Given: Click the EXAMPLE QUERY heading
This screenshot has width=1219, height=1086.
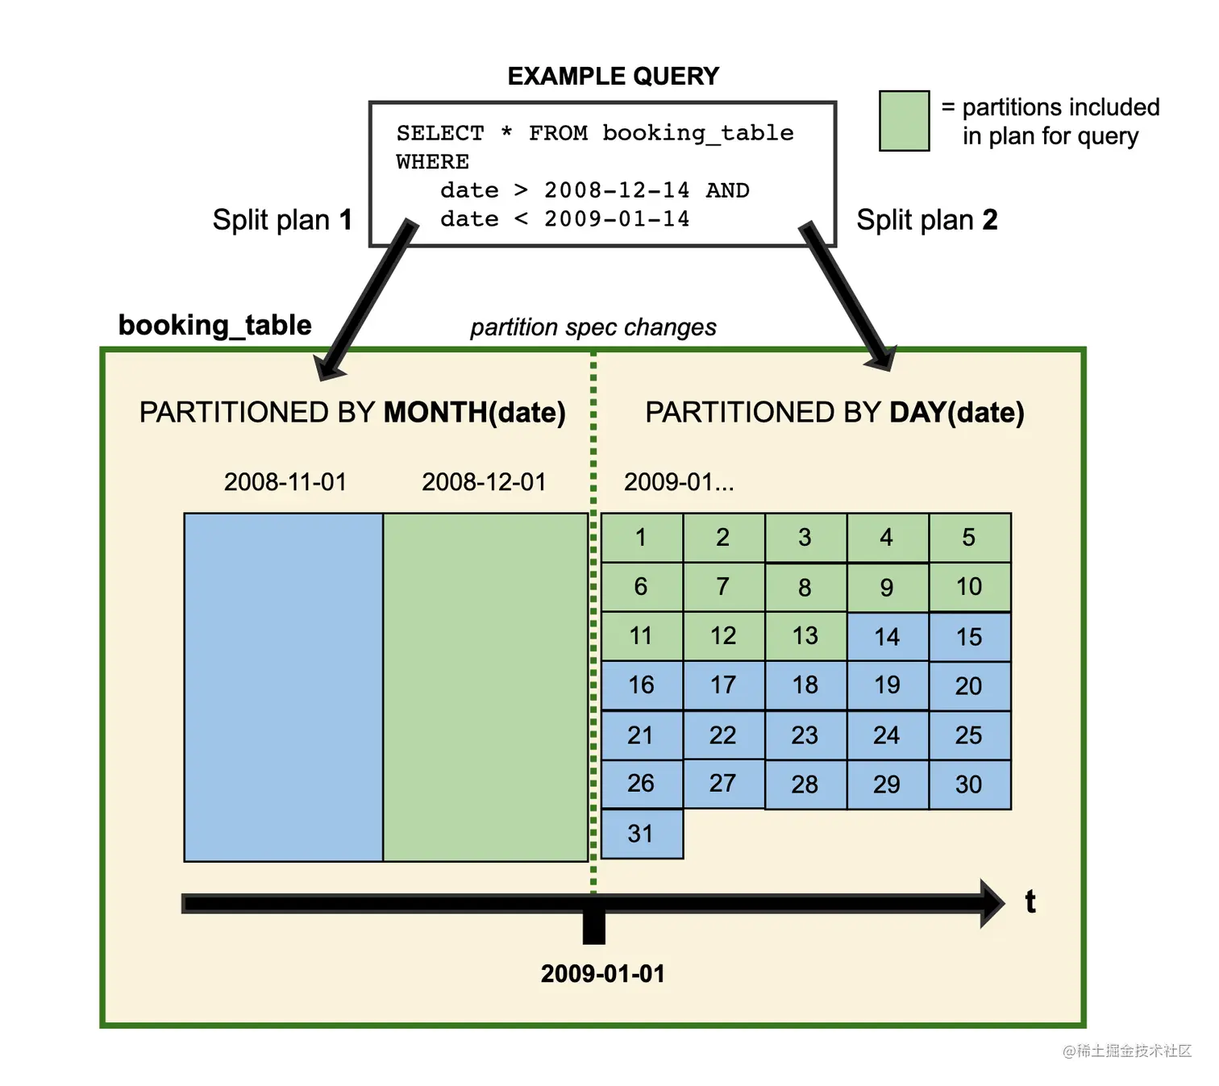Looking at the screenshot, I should (x=613, y=76).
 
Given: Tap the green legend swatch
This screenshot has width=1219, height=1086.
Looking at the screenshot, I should (x=904, y=121).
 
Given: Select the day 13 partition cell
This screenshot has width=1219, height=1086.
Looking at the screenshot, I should (x=805, y=636).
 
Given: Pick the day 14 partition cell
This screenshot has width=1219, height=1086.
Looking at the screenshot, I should (x=887, y=637).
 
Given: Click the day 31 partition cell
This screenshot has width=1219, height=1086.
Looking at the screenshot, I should (x=642, y=834).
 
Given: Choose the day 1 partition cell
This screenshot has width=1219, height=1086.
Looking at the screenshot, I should (x=642, y=538).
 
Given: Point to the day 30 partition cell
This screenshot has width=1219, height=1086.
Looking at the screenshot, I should (x=969, y=784).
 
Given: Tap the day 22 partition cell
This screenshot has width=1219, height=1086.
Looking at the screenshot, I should (x=723, y=735).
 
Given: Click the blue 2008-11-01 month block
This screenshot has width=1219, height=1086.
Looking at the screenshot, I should (x=283, y=687).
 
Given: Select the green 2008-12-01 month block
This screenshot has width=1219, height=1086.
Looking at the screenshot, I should (x=485, y=687).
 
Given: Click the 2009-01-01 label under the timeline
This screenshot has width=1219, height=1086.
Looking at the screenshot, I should (x=603, y=974).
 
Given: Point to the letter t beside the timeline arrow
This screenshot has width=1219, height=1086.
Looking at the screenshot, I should (x=1030, y=901).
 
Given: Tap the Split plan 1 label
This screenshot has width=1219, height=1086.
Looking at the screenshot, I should (x=282, y=220).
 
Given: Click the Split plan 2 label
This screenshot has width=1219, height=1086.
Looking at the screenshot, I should (x=927, y=220).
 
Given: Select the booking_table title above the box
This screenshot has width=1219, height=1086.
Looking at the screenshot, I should (x=214, y=325).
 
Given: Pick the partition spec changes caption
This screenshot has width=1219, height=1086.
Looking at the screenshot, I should (x=593, y=327).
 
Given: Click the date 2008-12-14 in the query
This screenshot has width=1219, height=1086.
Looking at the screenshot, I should (x=617, y=190).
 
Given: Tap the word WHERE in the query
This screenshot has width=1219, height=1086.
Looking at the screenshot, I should (x=433, y=162).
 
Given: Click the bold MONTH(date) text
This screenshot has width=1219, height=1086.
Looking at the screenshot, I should (x=475, y=413).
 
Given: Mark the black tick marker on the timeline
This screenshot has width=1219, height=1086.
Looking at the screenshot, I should (x=594, y=925).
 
